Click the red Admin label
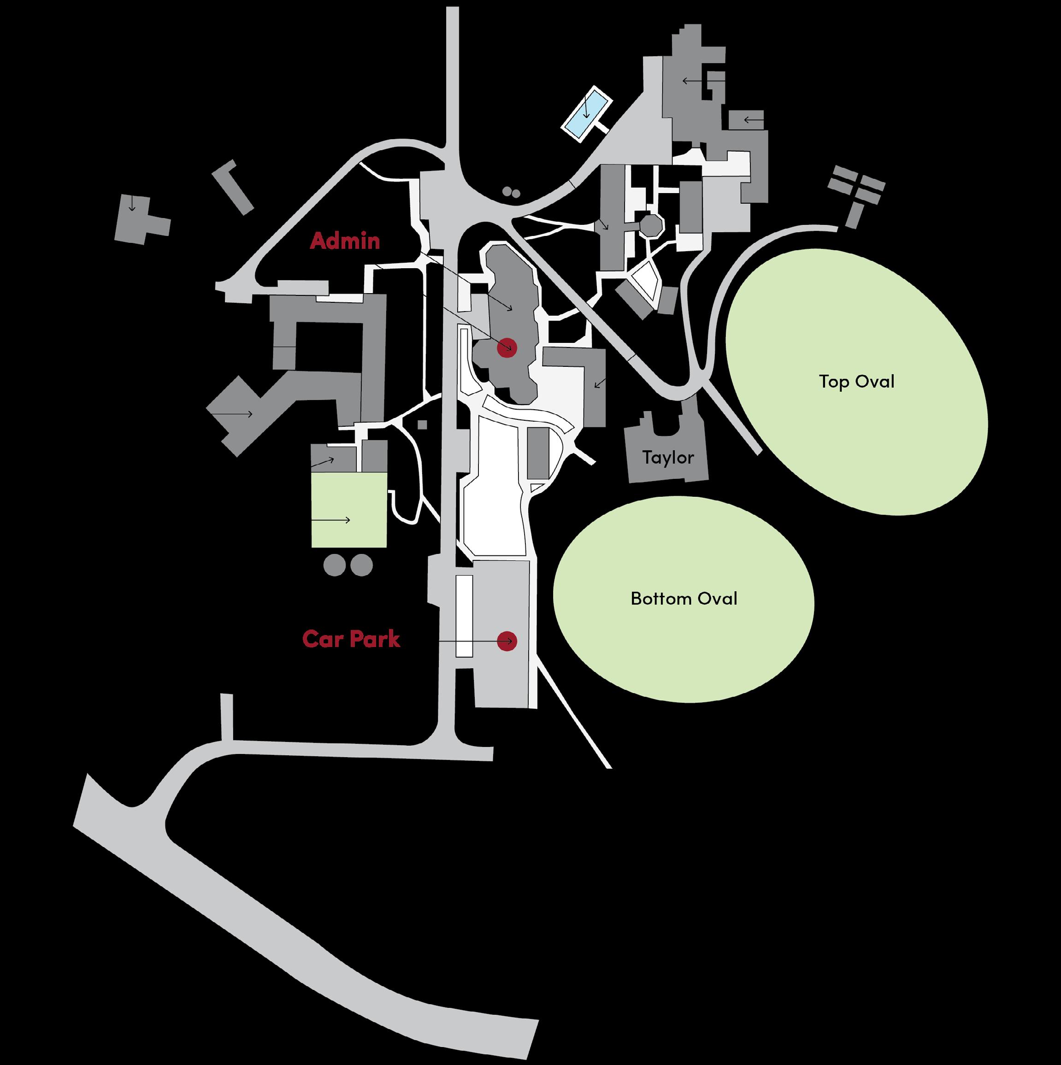click(x=345, y=241)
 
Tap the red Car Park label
click(x=351, y=639)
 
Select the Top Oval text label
click(x=856, y=382)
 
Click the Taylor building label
click(x=668, y=458)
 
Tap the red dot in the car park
click(x=507, y=641)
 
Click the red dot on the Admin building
click(x=507, y=348)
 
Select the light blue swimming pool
click(x=586, y=113)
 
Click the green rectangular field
click(x=348, y=510)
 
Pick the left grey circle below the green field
click(x=334, y=565)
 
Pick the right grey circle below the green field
click(x=362, y=565)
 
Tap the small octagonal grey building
click(x=651, y=225)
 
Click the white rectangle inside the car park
click(x=464, y=616)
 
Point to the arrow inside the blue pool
click(x=586, y=107)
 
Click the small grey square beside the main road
click(x=422, y=424)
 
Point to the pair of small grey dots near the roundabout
click(x=511, y=192)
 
